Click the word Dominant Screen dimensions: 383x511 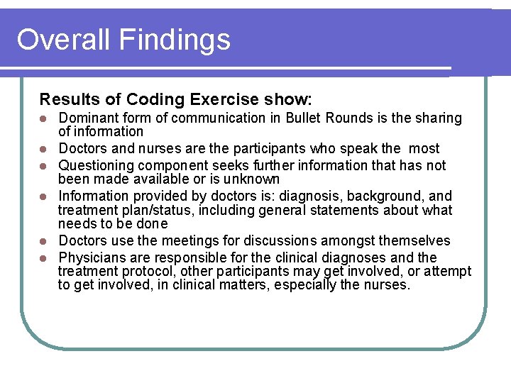coord(88,118)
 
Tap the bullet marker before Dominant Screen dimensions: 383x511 coord(43,118)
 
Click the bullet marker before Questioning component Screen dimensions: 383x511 coord(43,166)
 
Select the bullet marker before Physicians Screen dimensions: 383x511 coord(43,258)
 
